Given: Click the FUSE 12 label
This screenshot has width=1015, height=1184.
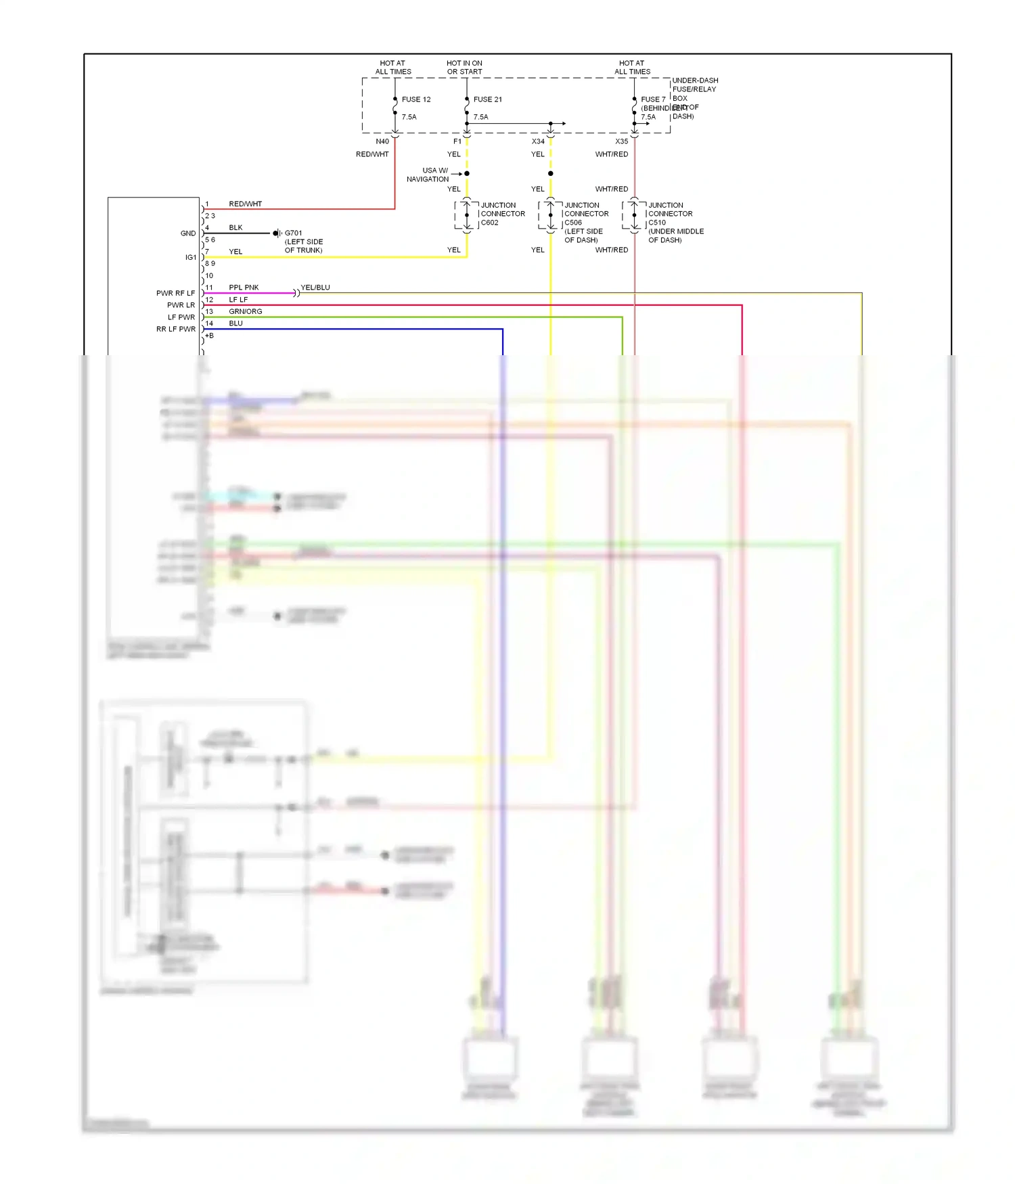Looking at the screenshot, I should coord(415,99).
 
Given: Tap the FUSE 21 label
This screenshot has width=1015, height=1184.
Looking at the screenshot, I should coord(487,99).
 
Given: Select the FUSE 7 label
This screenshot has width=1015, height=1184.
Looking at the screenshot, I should coord(653,99).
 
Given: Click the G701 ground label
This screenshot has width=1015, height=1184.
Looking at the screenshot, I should coord(294,233).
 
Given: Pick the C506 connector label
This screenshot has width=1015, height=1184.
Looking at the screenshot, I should coord(573,223).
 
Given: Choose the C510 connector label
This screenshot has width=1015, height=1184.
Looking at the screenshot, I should coord(657,223).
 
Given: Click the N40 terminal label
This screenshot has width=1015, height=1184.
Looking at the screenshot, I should coord(382,141).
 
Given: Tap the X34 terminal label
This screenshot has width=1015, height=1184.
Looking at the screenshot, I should coord(538,141).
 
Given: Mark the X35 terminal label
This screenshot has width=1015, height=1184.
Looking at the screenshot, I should coord(621,141).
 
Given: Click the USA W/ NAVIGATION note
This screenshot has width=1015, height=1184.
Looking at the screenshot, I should coord(428,175).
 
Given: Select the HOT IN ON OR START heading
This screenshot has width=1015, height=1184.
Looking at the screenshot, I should coord(464,67).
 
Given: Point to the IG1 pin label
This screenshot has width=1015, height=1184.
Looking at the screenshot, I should coord(191,257).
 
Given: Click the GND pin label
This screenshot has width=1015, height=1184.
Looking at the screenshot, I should coord(188,233).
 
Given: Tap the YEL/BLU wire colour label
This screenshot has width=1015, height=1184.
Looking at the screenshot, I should coord(315,288).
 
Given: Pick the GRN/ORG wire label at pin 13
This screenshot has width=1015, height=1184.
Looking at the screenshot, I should coord(245,311).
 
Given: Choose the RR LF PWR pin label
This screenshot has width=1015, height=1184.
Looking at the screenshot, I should coord(176,329).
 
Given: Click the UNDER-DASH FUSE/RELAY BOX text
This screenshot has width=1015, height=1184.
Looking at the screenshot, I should coord(694,89).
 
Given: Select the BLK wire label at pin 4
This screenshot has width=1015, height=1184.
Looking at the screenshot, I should coord(235,227).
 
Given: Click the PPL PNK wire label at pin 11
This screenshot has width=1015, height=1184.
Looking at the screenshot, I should coord(244,288).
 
